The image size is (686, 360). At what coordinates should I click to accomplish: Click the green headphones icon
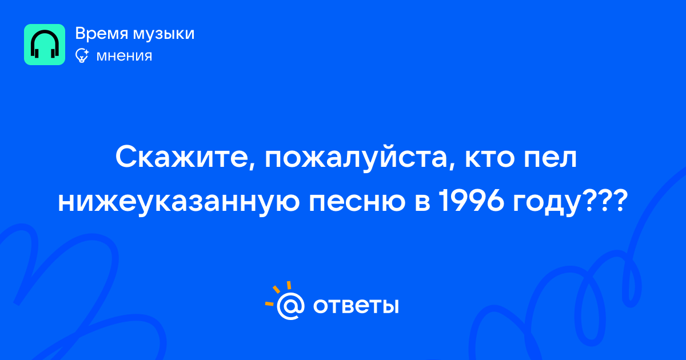coord(45,45)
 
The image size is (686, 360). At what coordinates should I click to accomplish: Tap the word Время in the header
coord(101,33)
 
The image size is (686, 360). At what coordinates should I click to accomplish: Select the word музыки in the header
coord(164,34)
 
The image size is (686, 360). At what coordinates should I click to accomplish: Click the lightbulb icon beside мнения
coord(82,55)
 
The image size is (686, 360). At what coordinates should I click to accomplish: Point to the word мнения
coord(124,56)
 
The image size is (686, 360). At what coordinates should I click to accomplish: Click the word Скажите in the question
coord(181,158)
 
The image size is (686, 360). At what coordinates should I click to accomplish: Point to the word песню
coord(357,203)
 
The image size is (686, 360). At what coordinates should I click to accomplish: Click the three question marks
coord(603,201)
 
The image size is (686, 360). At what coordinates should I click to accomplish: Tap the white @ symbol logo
coord(290,306)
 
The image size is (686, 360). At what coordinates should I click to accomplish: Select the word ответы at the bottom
coord(356,306)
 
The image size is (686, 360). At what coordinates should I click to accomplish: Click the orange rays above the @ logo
coord(278,293)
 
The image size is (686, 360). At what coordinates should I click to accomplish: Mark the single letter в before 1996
coord(422,203)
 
